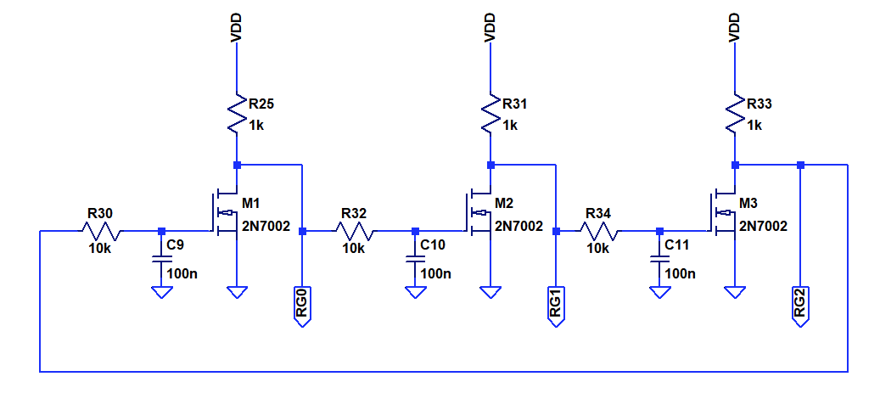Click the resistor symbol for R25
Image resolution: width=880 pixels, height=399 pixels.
[x=237, y=114]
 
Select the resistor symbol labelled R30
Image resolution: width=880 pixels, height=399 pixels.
[x=102, y=231]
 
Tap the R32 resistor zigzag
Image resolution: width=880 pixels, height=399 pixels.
[x=356, y=231]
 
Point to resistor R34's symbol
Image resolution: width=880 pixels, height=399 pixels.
[x=599, y=231]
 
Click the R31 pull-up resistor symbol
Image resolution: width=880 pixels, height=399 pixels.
[x=490, y=114]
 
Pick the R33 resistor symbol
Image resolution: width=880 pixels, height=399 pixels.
[x=735, y=114]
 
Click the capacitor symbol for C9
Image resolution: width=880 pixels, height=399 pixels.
[x=161, y=260]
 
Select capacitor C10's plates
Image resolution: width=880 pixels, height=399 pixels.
[x=415, y=260]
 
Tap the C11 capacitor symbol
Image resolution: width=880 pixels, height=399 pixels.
[x=659, y=260]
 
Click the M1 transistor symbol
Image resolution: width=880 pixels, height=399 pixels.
[x=226, y=213]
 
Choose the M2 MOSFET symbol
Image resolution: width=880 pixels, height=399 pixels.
[x=479, y=213]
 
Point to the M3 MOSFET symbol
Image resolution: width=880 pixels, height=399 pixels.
[x=723, y=213]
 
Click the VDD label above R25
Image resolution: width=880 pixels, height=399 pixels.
[x=236, y=28]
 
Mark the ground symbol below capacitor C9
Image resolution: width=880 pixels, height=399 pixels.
[x=161, y=292]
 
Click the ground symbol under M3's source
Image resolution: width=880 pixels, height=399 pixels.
[x=735, y=292]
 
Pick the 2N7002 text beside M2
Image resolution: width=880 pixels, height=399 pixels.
[x=519, y=226]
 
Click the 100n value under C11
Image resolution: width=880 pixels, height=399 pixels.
[x=681, y=274]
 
